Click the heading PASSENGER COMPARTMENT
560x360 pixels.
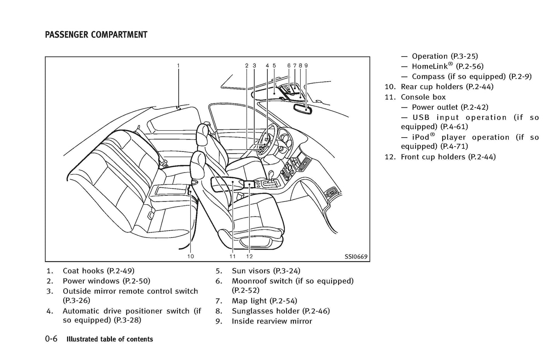pos(96,35)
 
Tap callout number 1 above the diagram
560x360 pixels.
pos(178,65)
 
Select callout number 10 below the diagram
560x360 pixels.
pos(190,256)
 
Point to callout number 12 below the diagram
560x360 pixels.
pos(249,256)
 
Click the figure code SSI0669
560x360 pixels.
pos(356,257)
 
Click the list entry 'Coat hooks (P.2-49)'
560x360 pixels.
pos(98,271)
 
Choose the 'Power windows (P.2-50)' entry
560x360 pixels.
pos(106,281)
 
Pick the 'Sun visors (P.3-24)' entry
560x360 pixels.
pos(266,271)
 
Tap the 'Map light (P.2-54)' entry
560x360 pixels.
pos(264,301)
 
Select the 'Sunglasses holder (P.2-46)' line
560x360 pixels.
pos(281,311)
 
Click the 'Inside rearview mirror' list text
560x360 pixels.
pos(272,321)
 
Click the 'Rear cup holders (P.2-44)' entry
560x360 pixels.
pos(447,87)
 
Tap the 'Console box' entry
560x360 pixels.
pos(423,97)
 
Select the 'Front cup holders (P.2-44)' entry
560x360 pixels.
pos(448,157)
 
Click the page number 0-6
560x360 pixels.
pos(51,339)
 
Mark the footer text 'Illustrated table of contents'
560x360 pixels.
pos(110,339)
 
